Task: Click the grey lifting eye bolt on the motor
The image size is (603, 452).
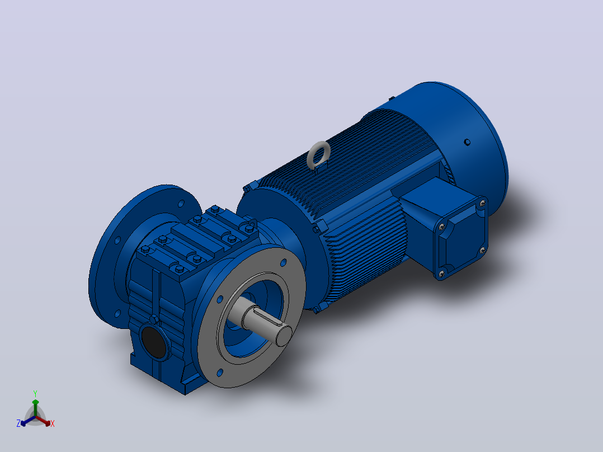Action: click(x=319, y=155)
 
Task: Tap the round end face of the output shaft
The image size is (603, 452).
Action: click(x=284, y=335)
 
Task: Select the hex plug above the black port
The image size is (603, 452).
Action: click(x=154, y=319)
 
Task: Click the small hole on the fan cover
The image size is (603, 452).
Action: click(x=467, y=142)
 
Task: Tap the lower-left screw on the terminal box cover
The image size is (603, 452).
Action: click(x=441, y=274)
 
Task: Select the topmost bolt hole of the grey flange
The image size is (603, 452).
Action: click(x=284, y=263)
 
